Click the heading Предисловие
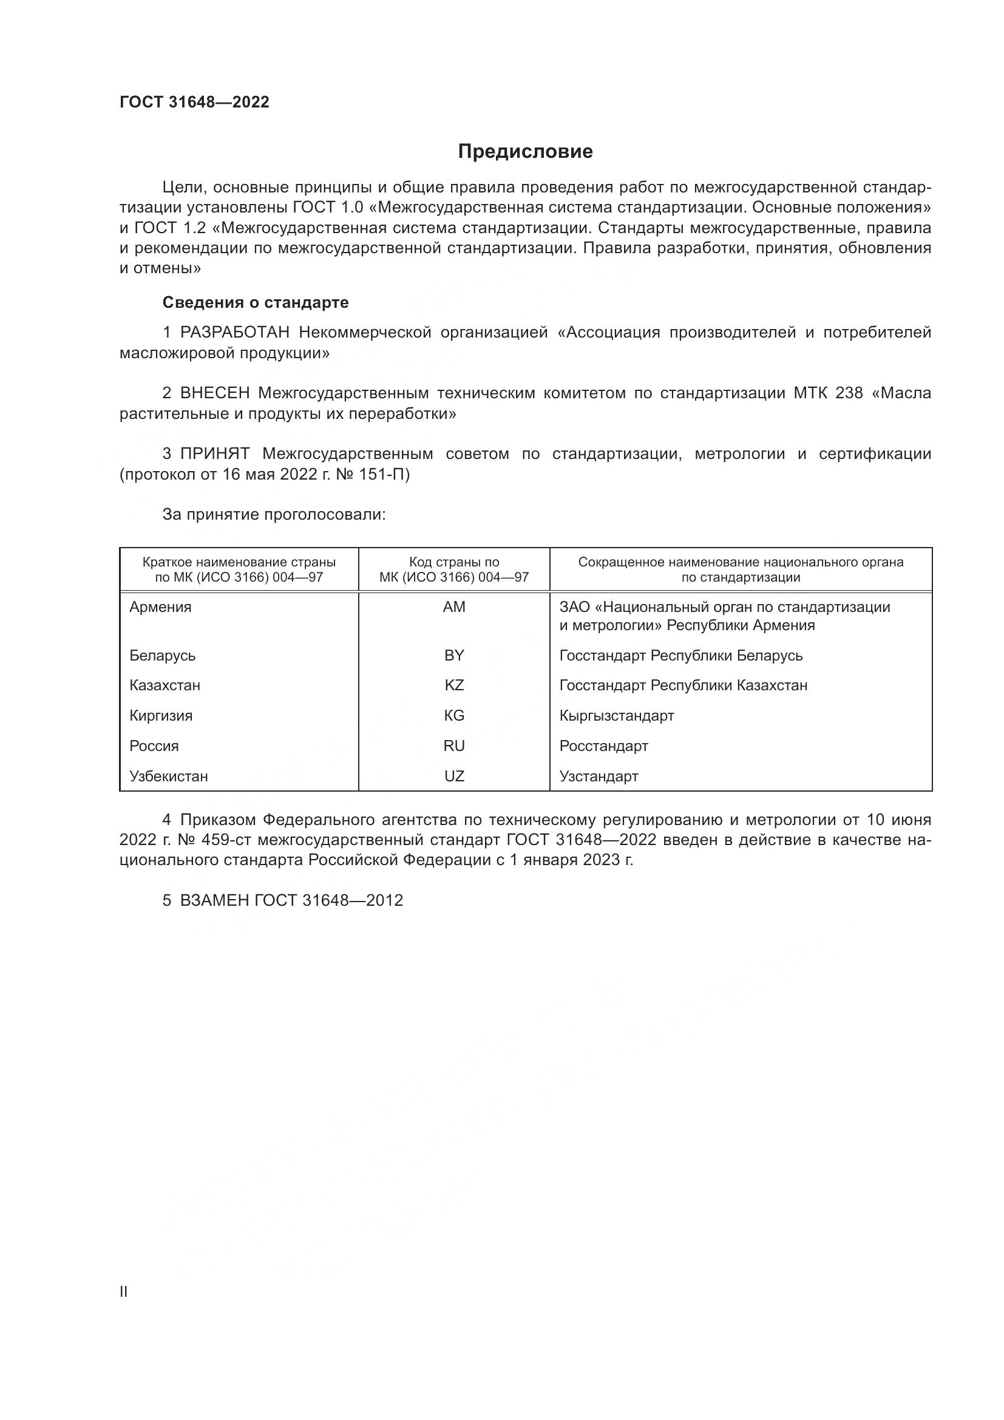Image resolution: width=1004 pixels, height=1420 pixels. tap(525, 152)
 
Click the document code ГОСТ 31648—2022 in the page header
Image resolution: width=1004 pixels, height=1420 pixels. tap(194, 102)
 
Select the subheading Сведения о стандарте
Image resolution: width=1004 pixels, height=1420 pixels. tap(256, 302)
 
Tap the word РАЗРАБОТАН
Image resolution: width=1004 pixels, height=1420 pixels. tap(234, 333)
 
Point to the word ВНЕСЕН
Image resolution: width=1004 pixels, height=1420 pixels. tap(214, 393)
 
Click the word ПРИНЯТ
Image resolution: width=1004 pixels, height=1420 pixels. tap(214, 454)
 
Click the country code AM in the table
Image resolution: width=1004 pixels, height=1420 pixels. tap(454, 607)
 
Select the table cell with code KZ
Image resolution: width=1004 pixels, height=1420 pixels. tap(454, 685)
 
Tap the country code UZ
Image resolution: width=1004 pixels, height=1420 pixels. tap(454, 776)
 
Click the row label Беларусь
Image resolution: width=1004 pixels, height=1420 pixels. tap(163, 656)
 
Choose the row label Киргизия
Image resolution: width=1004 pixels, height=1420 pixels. tap(161, 716)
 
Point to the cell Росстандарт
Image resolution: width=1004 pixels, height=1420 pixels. tap(603, 746)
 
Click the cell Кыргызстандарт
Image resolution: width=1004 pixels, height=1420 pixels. tap(616, 716)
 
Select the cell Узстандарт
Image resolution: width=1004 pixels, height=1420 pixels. tap(599, 776)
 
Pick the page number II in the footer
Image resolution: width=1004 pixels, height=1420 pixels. tap(124, 1291)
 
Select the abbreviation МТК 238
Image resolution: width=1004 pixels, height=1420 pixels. tap(828, 393)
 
